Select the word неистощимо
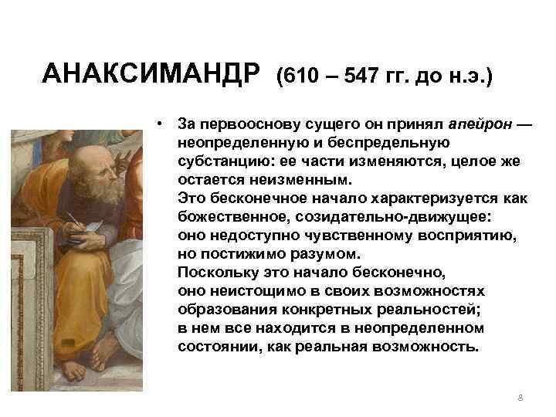[x=244, y=291]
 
